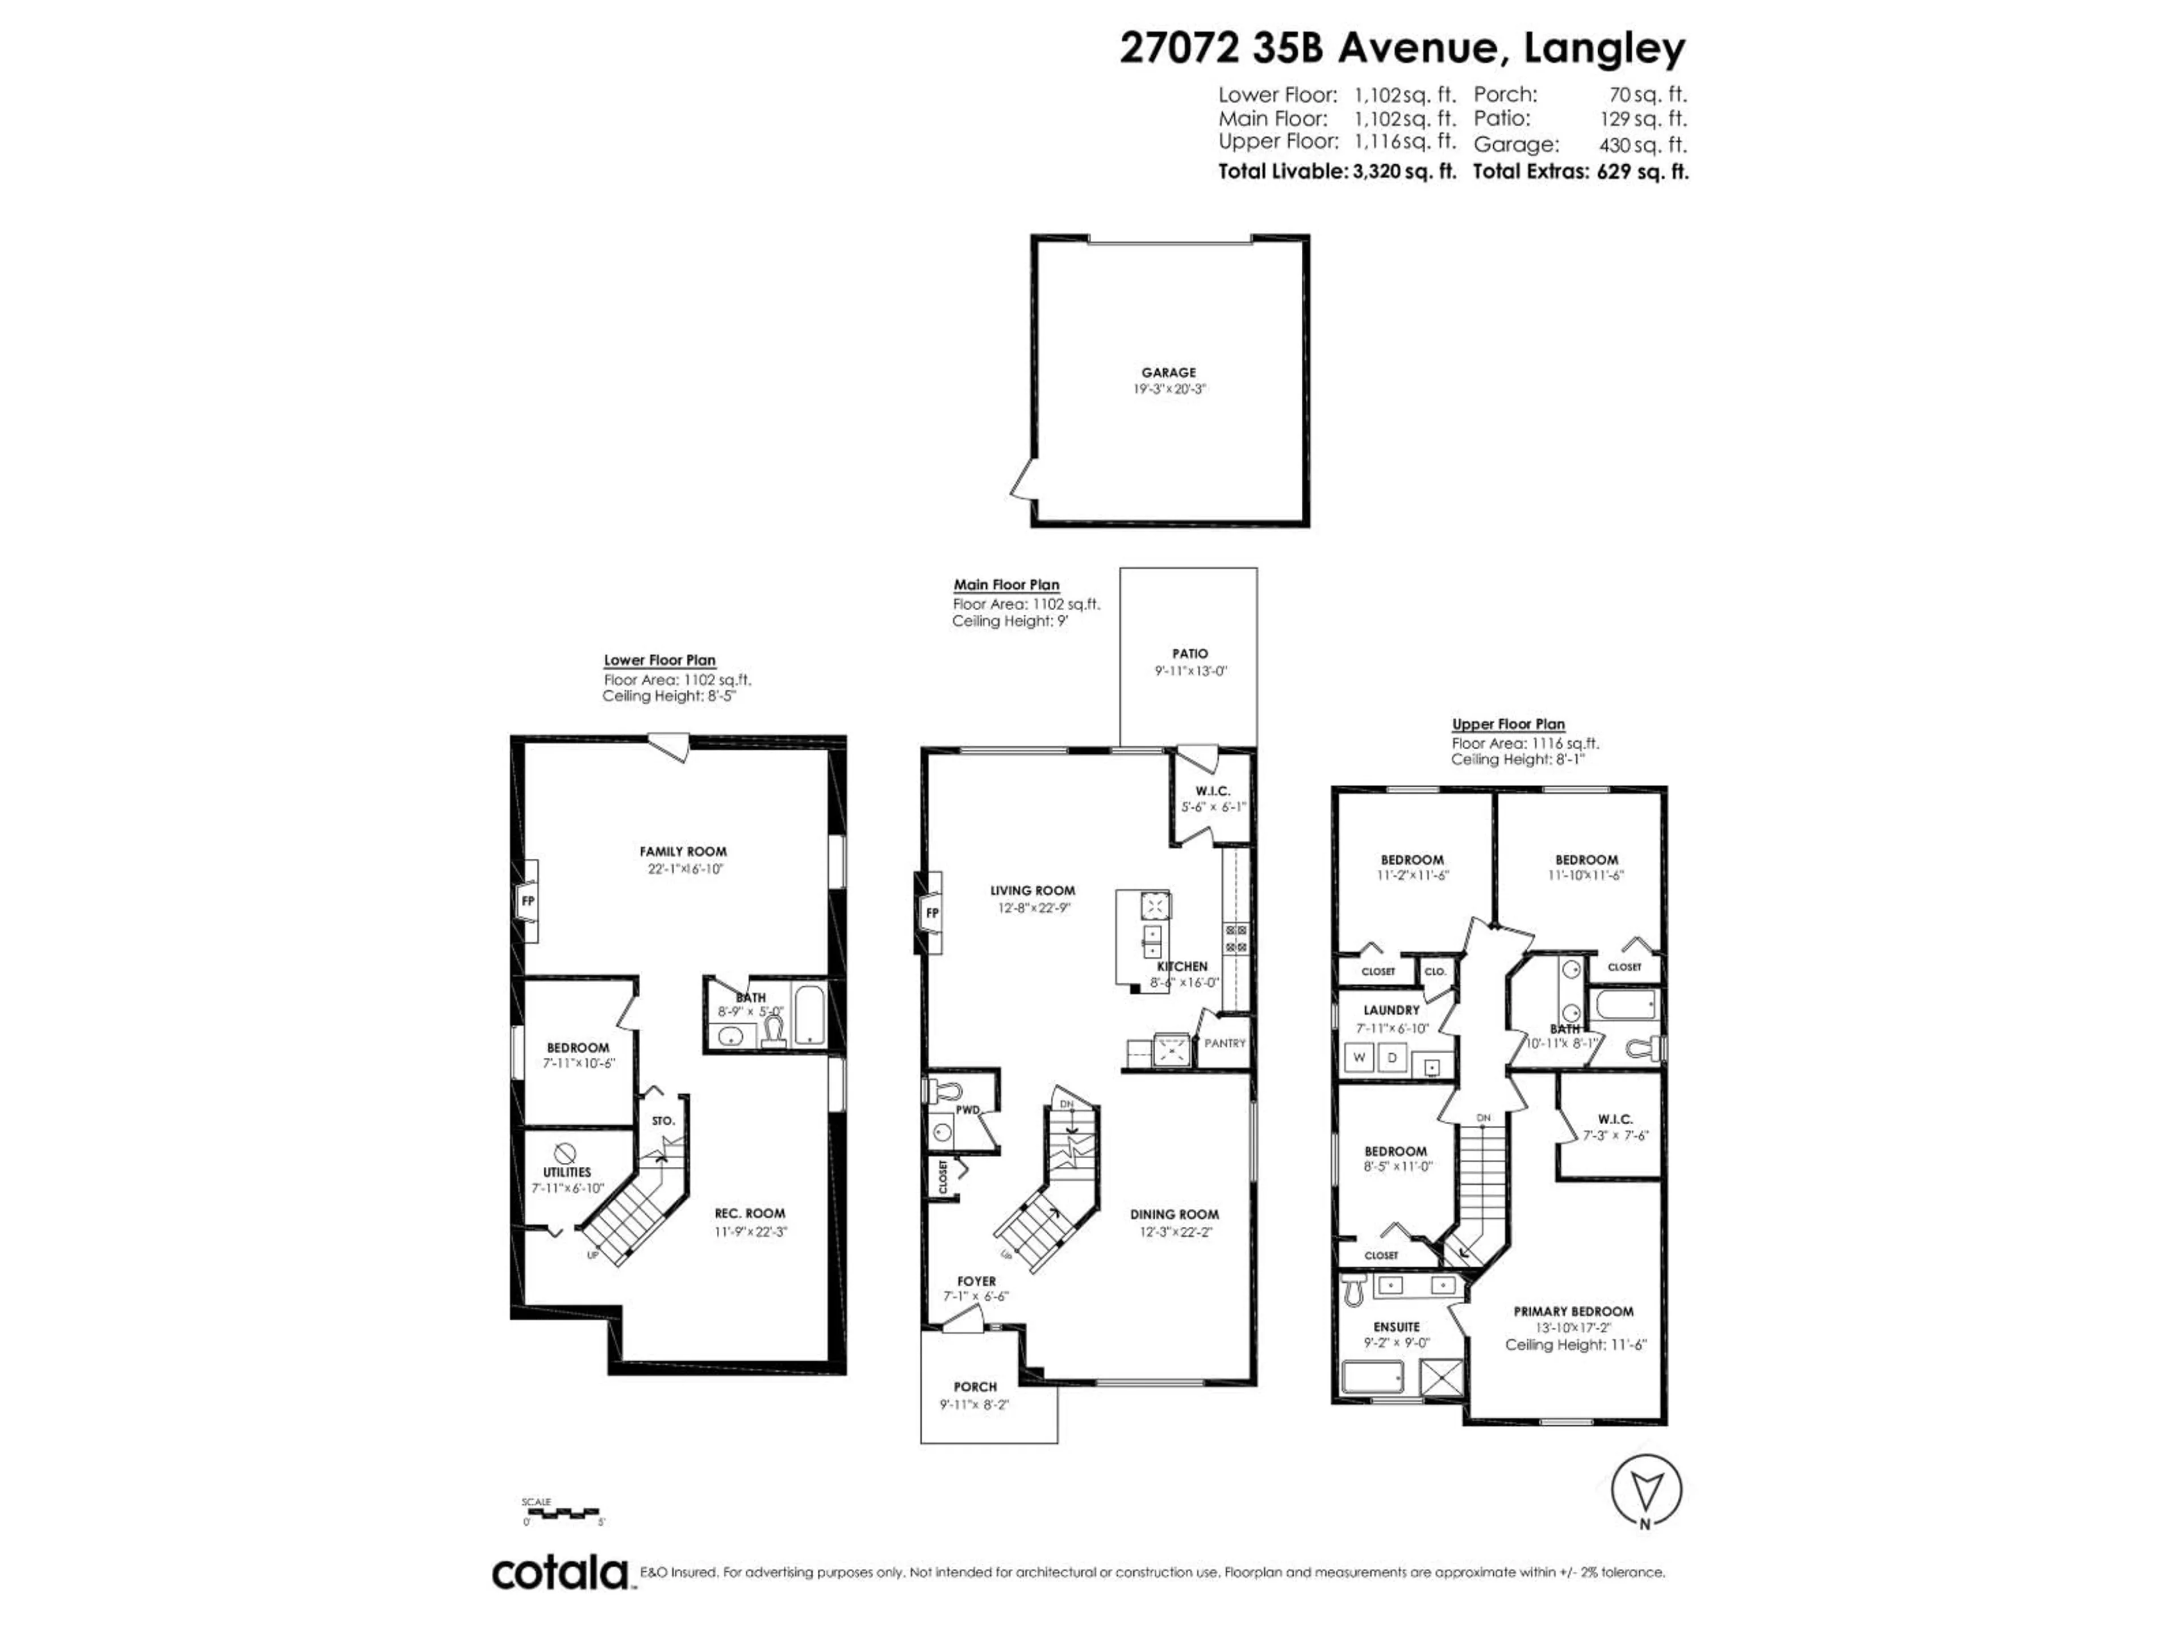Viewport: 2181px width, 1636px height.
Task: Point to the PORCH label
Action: click(x=975, y=1387)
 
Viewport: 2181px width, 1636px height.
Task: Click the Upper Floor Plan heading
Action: click(x=1507, y=724)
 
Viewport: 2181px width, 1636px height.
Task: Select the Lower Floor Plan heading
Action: click(x=659, y=661)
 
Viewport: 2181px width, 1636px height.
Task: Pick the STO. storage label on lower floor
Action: click(x=663, y=1121)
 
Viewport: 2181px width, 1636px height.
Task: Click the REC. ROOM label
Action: click(x=749, y=1214)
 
